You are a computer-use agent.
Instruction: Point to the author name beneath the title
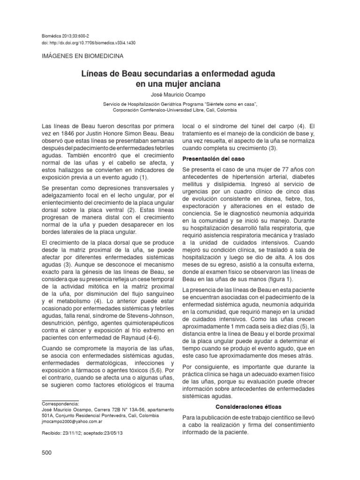180,95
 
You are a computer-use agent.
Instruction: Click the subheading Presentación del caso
213,159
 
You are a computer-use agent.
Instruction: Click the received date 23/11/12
71,434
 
